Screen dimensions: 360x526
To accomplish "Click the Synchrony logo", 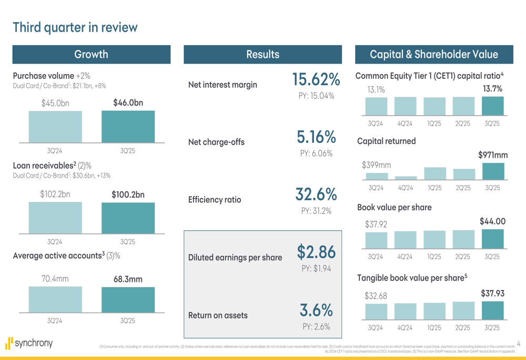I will coord(29,344).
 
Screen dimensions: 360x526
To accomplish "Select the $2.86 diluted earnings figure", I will coord(316,252).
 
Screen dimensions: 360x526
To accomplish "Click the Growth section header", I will coord(92,54).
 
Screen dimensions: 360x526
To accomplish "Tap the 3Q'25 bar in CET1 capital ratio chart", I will coord(492,106).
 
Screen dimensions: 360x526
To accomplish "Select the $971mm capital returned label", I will coord(493,155).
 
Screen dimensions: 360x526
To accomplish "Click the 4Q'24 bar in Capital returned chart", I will coord(406,178).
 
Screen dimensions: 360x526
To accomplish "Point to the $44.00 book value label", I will coord(492,222).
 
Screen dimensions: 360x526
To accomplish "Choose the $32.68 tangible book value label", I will coord(376,296).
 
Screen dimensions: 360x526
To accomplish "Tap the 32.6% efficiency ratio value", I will coord(316,194).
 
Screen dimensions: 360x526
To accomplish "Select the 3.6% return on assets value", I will coord(316,310).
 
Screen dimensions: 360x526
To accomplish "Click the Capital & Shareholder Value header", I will coord(434,54).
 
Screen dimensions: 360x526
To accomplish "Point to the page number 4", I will coord(518,344).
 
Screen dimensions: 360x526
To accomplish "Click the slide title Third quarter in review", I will coord(75,27).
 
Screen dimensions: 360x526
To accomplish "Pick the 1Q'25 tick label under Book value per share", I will coord(434,257).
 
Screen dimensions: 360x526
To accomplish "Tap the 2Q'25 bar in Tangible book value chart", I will coord(463,311).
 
